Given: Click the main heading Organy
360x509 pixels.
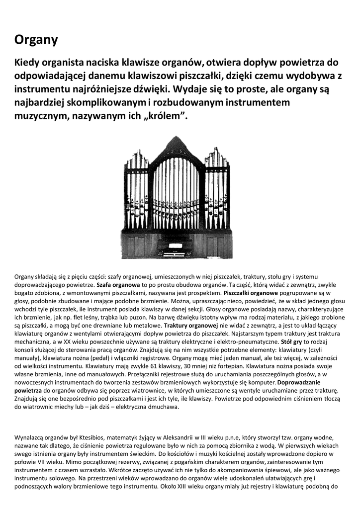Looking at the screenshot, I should (36, 40).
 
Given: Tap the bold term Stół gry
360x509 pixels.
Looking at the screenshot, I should (291, 341).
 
